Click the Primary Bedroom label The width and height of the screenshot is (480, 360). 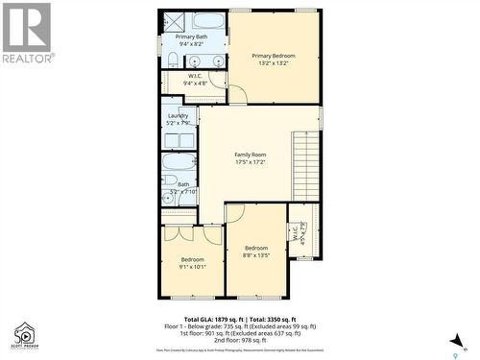(274, 56)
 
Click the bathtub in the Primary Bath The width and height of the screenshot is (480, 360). (207, 20)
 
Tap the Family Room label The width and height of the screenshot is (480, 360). (251, 155)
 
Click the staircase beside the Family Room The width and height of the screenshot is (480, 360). (306, 164)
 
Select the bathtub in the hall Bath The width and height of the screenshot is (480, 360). (179, 160)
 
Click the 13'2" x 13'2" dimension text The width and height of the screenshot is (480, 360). (274, 63)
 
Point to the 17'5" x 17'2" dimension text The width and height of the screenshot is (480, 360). (251, 162)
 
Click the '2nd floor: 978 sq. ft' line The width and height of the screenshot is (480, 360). (240, 340)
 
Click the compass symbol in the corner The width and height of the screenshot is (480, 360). (465, 342)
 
